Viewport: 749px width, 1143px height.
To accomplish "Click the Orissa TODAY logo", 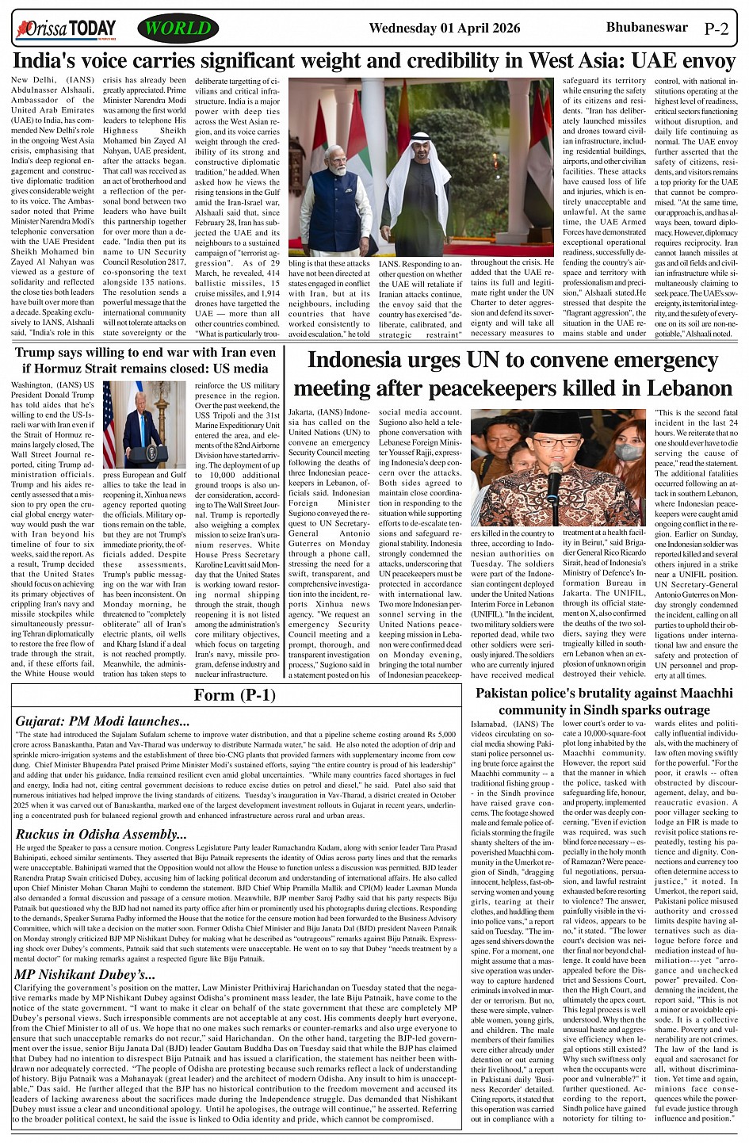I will pyautogui.click(x=66, y=29).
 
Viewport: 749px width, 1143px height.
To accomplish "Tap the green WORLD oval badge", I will pyautogui.click(x=178, y=29).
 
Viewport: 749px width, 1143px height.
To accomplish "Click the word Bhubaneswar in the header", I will pyautogui.click(x=644, y=27).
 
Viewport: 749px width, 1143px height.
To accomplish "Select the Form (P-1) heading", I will pyautogui.click(x=235, y=695).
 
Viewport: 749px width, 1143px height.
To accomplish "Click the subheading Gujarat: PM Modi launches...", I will pyautogui.click(x=102, y=721).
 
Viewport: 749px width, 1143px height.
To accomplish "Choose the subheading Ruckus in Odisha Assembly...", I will pyautogui.click(x=101, y=834).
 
